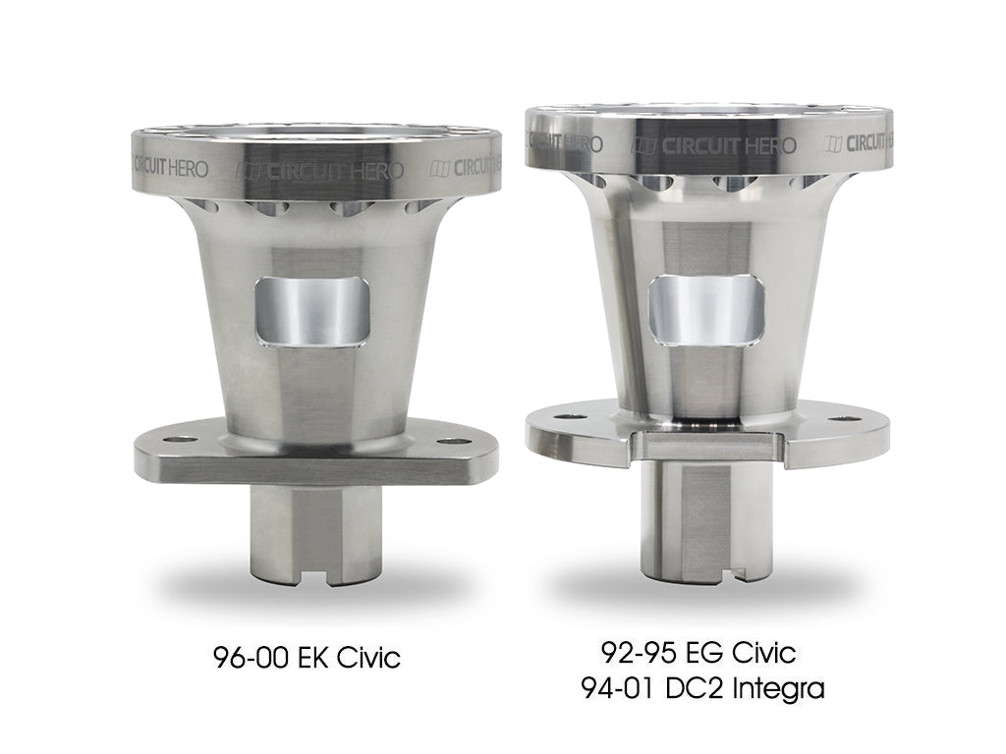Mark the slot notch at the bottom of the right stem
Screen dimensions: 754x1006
pyautogui.click(x=715, y=568)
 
